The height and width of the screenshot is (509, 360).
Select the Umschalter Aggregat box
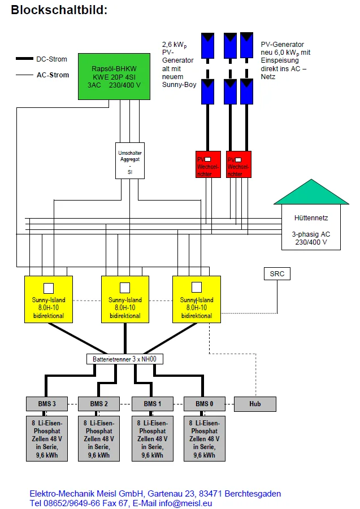coord(129,160)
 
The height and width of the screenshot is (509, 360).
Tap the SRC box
coord(277,274)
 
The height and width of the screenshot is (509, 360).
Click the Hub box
coord(254,404)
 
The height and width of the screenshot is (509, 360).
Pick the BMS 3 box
coord(47,404)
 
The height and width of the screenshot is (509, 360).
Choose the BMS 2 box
coord(98,404)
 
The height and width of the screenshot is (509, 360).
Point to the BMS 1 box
coord(151,404)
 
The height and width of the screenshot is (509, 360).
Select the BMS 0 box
coord(205,404)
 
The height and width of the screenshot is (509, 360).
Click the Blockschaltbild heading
coord(59,10)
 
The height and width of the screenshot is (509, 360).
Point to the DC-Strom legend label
coord(52,59)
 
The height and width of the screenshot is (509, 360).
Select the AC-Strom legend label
coord(53,75)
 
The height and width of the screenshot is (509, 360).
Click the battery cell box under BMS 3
coord(47,438)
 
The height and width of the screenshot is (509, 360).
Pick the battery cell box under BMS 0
coord(205,438)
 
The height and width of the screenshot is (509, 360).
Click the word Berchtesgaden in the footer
coord(248,494)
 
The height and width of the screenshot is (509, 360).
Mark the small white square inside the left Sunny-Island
coord(49,287)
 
